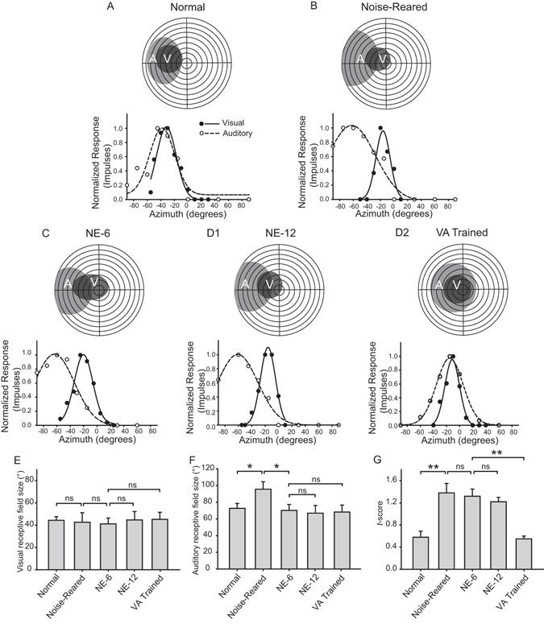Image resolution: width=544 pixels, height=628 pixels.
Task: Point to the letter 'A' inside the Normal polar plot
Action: (x=152, y=59)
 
